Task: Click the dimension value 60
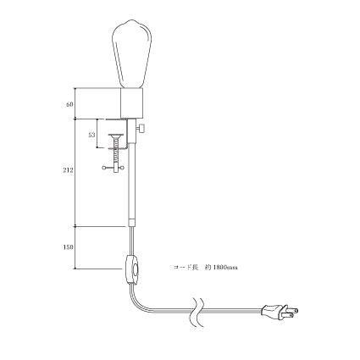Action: click(69, 104)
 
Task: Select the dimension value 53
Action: click(91, 135)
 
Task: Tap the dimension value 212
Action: click(68, 170)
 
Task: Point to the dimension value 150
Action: click(68, 247)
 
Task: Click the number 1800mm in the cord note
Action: click(225, 267)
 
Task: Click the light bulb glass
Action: click(132, 53)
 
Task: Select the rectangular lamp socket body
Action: click(132, 103)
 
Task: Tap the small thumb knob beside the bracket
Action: click(141, 129)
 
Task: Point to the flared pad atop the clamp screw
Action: click(116, 136)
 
